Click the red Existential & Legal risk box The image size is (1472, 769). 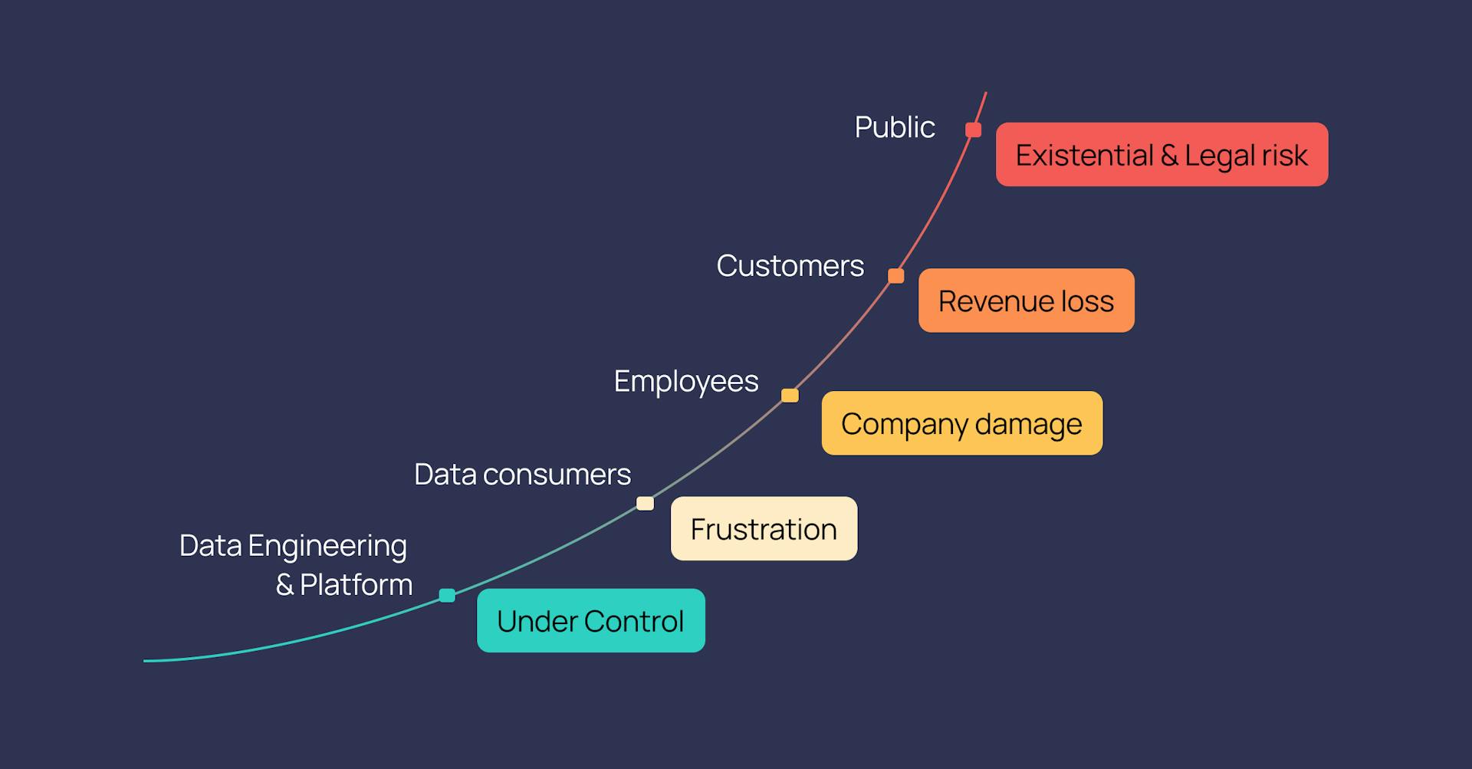1161,154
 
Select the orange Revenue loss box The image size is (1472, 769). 1026,301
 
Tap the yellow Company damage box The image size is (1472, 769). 961,423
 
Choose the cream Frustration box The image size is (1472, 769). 764,528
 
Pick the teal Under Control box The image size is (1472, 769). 590,620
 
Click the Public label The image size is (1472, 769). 895,127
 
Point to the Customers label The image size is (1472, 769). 790,266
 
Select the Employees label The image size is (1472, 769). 686,381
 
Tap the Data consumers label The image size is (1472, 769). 522,475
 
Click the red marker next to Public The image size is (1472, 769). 973,130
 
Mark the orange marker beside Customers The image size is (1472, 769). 895,276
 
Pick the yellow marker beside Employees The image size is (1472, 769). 790,396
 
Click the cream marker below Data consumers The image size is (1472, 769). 645,504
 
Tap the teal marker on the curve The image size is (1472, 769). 447,596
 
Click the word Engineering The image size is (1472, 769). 327,547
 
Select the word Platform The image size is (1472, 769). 356,585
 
